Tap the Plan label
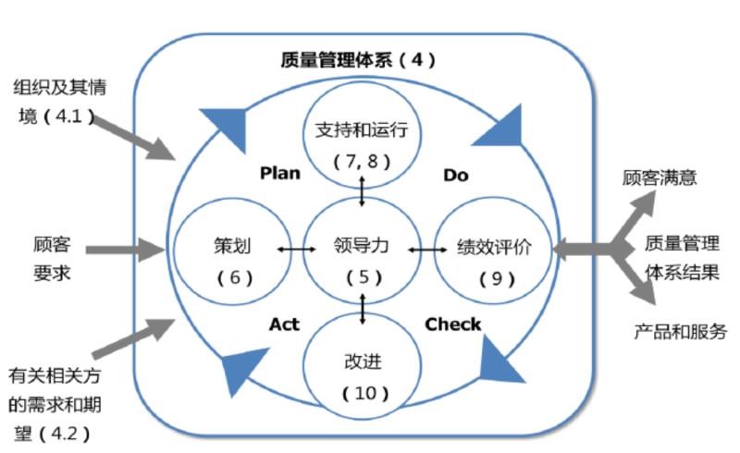[279, 173]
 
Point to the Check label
[452, 324]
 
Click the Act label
[285, 324]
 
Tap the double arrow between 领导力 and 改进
[362, 308]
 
